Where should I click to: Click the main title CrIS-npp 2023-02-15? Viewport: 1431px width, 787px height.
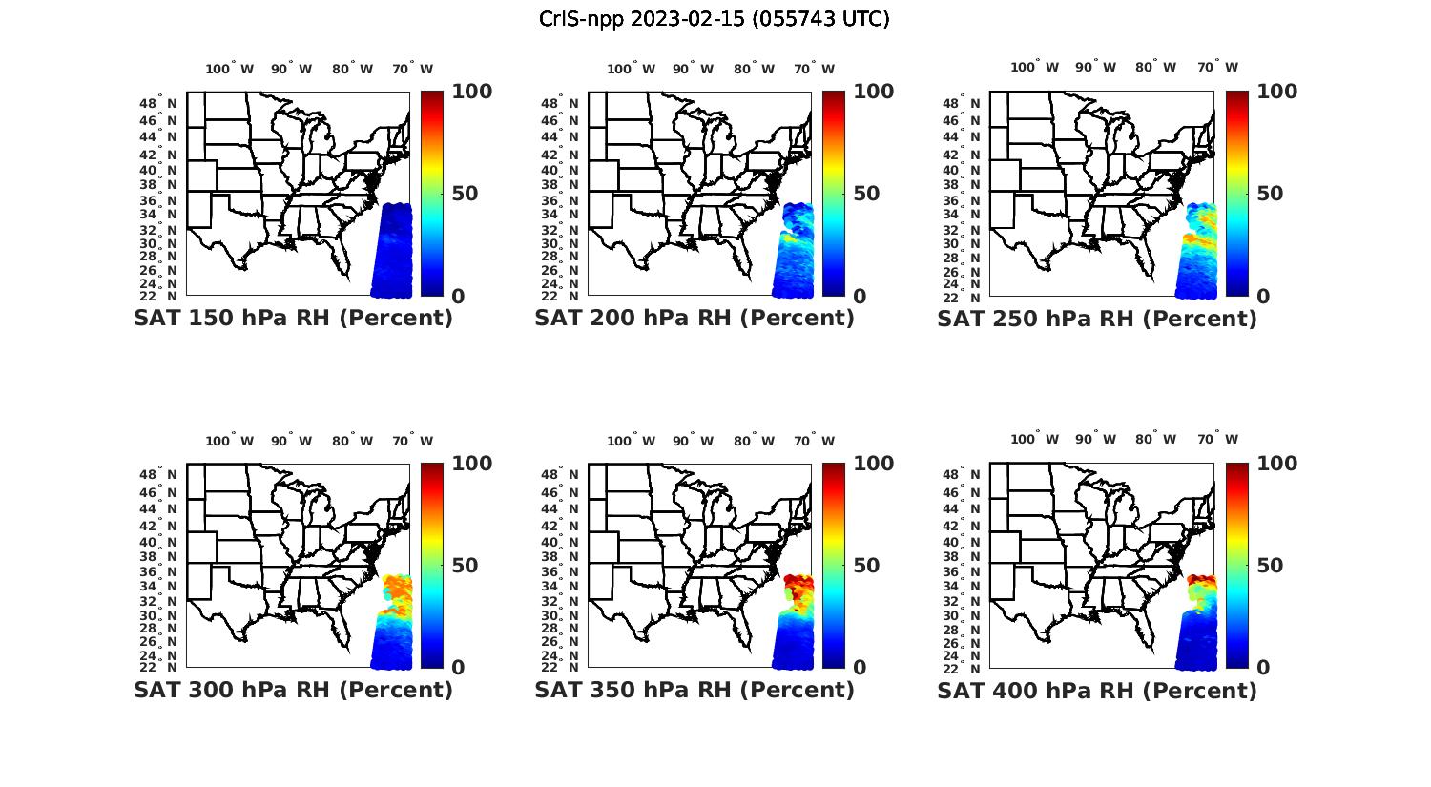(x=714, y=19)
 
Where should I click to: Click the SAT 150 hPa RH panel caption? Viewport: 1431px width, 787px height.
(x=293, y=319)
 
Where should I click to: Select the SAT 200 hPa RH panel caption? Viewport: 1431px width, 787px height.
(x=695, y=319)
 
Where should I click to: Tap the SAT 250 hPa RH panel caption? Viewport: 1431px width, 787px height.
(x=1097, y=319)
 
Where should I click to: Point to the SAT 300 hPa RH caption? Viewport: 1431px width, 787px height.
(x=293, y=691)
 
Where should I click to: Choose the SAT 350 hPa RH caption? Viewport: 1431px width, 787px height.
(x=695, y=691)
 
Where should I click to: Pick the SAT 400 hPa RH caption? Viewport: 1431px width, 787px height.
(x=1097, y=691)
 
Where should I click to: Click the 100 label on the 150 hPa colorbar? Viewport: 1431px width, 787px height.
(x=471, y=92)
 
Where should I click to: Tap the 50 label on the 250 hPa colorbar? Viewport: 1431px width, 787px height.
(x=1269, y=194)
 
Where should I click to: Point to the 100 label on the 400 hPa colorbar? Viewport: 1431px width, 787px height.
(x=1276, y=464)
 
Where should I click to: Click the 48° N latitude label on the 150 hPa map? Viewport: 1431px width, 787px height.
(x=159, y=103)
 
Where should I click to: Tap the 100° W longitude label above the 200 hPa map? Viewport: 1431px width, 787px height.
(x=631, y=69)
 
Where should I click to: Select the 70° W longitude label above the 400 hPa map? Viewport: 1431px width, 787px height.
(x=1217, y=439)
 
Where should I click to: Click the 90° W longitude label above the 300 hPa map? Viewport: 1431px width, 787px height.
(x=291, y=441)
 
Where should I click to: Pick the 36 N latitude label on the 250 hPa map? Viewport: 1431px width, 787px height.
(x=963, y=200)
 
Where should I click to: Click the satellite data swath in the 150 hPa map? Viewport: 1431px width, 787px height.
(x=392, y=250)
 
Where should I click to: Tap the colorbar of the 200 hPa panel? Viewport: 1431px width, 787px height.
(x=834, y=194)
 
